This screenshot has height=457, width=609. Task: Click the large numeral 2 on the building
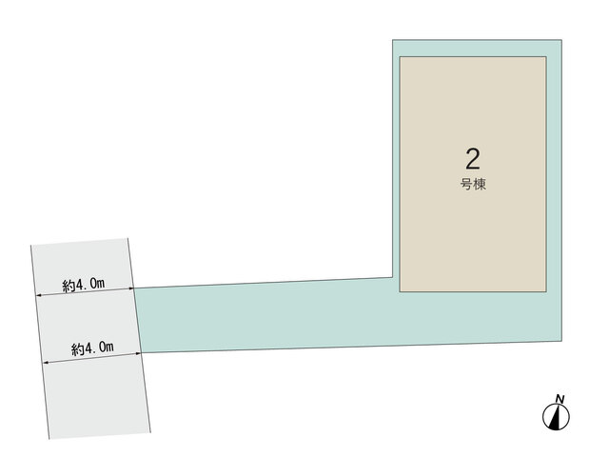point(473,159)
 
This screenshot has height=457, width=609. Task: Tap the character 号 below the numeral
point(466,184)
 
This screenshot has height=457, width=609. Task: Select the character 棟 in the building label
point(480,184)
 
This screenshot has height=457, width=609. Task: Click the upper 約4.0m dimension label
point(84,285)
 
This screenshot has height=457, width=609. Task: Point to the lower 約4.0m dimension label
point(92,348)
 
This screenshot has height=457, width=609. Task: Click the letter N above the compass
point(560,399)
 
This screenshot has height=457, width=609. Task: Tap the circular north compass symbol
point(556,417)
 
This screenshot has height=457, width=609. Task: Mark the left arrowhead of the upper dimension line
point(38,296)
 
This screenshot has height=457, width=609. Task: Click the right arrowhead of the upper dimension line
point(131,288)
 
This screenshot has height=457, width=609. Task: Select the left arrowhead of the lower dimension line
point(46,363)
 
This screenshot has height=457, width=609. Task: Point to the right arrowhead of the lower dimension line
point(139,353)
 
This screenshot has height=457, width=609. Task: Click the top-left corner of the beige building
point(400,57)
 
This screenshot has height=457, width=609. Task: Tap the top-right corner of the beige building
point(546,57)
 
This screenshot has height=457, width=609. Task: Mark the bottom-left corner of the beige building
point(400,291)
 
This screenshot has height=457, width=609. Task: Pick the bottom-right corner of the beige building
point(546,291)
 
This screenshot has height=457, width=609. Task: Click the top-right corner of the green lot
point(561,40)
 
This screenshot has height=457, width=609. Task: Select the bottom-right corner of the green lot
point(561,341)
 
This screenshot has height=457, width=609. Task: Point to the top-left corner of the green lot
point(393,40)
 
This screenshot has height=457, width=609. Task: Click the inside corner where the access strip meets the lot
point(393,277)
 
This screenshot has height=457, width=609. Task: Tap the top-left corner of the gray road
point(31,246)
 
